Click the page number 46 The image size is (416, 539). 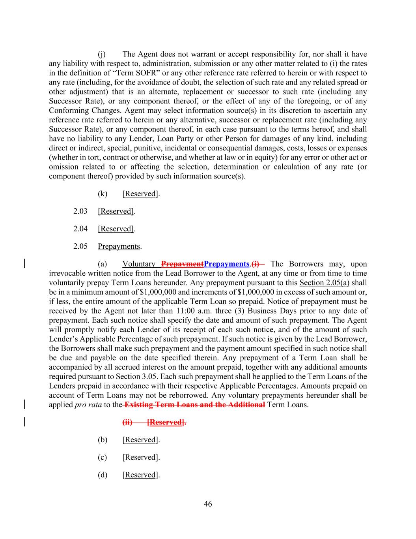208,504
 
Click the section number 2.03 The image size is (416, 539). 80,211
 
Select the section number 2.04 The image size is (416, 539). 80,229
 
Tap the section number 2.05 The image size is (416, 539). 80,246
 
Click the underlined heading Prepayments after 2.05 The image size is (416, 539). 119,246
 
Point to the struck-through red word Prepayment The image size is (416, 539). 183,264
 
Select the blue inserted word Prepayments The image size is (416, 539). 227,264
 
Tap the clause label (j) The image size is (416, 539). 102,54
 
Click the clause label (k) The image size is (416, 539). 102,194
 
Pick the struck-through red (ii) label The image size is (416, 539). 127,423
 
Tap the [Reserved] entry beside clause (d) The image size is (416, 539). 140,475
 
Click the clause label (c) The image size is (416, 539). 102,457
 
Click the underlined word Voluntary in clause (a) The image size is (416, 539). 139,264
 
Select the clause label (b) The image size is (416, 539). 102,440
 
